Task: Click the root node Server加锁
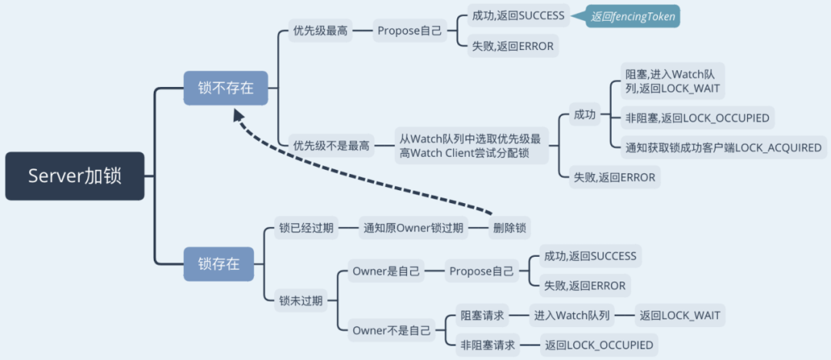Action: (75, 176)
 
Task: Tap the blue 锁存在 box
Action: (219, 264)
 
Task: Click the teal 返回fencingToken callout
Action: (634, 16)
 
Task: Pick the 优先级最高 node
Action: (320, 32)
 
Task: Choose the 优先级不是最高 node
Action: (331, 145)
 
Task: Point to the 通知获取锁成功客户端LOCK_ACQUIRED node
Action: (724, 147)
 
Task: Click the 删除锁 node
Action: (511, 228)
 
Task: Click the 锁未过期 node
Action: (301, 301)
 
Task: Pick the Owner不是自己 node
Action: (391, 331)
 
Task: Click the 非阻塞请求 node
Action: (487, 345)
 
